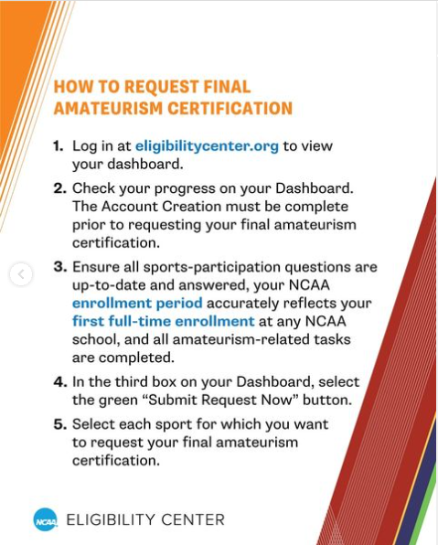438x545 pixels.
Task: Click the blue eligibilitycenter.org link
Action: coord(207,145)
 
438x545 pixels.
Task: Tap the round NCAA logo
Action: coord(45,519)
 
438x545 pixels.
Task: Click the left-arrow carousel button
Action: coord(20,273)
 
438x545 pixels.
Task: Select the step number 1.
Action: coord(58,146)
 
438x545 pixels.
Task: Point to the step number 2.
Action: coord(59,187)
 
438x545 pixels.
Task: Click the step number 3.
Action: coord(59,268)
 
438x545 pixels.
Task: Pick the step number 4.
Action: coord(59,380)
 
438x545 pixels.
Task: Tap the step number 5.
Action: coord(59,425)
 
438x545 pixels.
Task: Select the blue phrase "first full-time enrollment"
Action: coord(164,322)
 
